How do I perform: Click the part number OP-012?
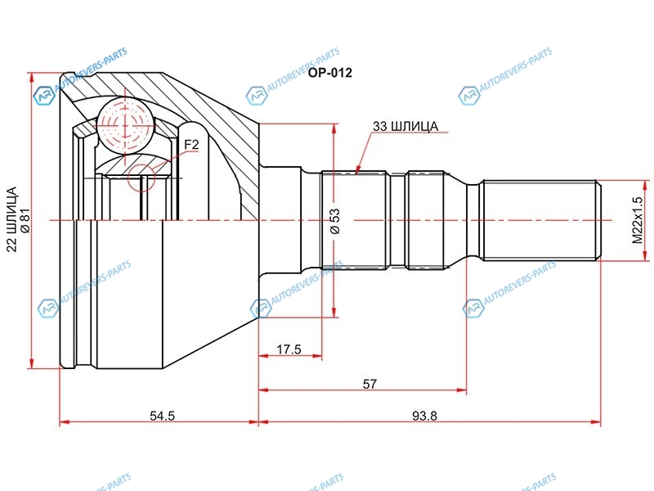[330, 73]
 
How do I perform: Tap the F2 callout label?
[191, 145]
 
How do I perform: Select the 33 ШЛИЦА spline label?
[405, 126]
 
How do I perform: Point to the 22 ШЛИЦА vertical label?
[12, 219]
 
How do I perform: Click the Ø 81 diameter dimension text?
[25, 220]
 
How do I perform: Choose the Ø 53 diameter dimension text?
[335, 221]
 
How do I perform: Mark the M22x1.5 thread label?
[638, 220]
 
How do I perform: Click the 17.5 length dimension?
[289, 349]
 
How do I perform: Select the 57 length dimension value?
[370, 384]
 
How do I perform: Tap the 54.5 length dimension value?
[162, 416]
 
